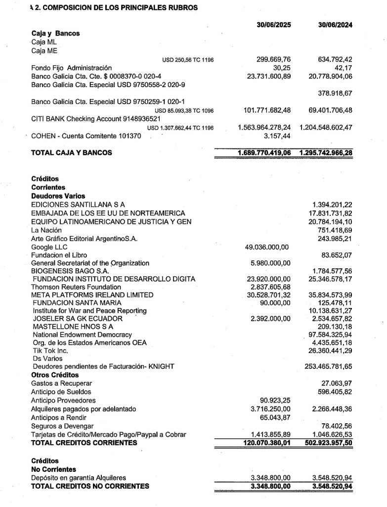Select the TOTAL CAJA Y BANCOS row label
(x=71, y=152)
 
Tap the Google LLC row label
(x=49, y=247)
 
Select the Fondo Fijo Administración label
(x=71, y=68)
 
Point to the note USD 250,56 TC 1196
(x=188, y=60)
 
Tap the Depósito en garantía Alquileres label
(x=78, y=478)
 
